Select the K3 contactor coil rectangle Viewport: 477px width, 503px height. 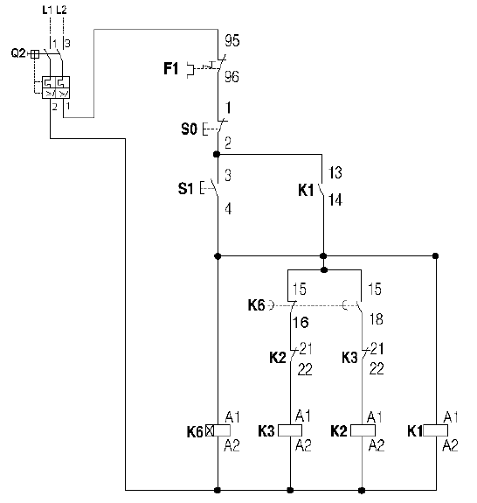[290, 430]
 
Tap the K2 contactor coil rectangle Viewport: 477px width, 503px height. [363, 430]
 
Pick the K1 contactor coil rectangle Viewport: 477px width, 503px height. [435, 430]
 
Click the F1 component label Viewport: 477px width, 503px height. [170, 68]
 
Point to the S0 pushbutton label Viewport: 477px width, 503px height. [189, 129]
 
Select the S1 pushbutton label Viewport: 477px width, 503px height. [186, 188]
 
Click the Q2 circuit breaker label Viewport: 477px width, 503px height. [18, 52]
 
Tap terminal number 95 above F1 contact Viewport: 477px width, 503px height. [232, 40]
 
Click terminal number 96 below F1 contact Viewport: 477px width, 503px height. [232, 77]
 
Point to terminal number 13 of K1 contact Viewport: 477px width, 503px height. [335, 172]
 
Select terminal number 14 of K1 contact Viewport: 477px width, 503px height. [335, 199]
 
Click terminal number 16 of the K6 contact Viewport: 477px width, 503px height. [301, 323]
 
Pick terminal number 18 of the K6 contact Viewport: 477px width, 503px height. [376, 319]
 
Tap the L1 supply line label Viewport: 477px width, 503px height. [47, 10]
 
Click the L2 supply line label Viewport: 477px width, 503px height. [61, 10]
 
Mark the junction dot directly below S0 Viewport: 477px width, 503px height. [217, 154]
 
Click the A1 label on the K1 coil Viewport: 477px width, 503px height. [451, 417]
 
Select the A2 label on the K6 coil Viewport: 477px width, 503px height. [232, 445]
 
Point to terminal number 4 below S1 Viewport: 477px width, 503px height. [228, 209]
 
